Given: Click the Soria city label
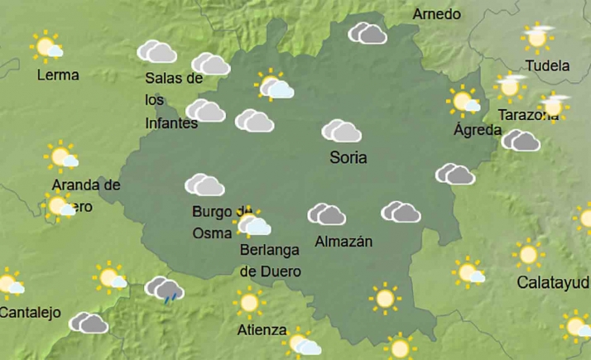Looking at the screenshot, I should tap(348, 157).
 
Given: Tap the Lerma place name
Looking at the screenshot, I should tap(58, 74).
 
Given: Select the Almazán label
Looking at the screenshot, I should tap(344, 242).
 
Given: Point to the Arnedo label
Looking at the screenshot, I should tap(436, 14).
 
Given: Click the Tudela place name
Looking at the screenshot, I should tap(547, 65).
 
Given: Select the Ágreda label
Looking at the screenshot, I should tap(478, 130).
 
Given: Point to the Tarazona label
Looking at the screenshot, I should tap(527, 116).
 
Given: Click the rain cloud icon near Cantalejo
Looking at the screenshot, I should tap(164, 289).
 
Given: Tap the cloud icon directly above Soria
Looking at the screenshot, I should tap(341, 131).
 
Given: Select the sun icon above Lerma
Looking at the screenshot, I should tap(46, 46).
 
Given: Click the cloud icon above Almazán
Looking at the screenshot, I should tap(327, 214).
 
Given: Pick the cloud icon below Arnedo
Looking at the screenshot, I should tap(368, 33).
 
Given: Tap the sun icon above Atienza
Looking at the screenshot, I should tap(248, 302).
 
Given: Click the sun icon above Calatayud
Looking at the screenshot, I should tap(527, 254).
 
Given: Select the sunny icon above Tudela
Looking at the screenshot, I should tap(538, 37).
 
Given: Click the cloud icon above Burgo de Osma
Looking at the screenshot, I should tap(204, 185).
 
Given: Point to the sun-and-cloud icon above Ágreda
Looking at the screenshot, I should tap(464, 101).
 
